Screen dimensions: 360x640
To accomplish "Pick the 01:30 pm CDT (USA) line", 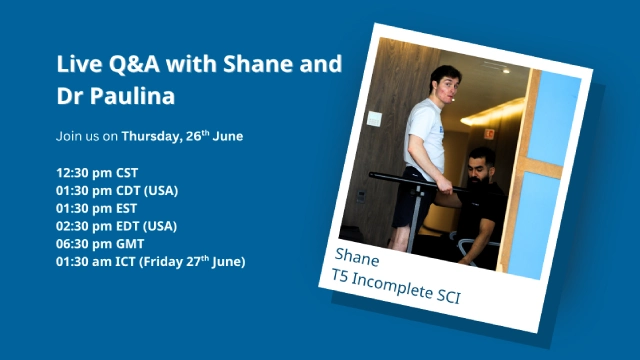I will click(117, 190).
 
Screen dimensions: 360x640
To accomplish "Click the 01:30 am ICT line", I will click(150, 262).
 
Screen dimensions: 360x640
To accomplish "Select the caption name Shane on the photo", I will click(357, 254).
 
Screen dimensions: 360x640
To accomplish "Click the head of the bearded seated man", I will click(482, 161).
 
